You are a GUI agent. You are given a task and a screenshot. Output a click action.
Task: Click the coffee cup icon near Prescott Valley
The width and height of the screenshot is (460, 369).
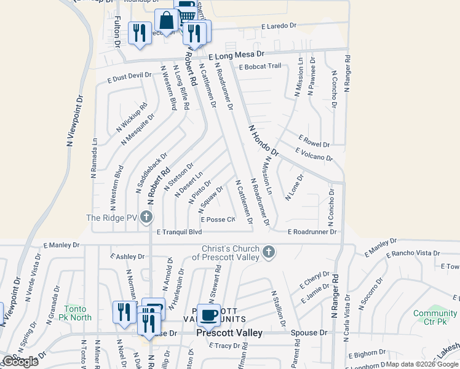[208, 315]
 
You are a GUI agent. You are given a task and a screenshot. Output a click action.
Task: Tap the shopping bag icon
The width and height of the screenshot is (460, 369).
[166, 20]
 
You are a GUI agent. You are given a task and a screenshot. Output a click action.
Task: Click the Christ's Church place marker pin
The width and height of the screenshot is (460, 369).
[268, 252]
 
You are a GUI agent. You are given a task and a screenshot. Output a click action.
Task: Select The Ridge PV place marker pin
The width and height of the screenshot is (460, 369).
[146, 217]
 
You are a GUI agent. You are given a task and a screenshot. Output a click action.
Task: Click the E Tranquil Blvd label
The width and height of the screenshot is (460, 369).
[179, 232]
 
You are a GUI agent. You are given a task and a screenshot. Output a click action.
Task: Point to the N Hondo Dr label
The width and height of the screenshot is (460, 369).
[264, 140]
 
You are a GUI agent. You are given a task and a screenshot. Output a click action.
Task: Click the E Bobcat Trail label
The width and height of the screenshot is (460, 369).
[260, 66]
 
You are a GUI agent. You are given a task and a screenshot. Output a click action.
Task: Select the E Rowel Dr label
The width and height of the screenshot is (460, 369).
[314, 141]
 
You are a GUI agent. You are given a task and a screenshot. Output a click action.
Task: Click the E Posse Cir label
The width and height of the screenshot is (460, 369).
[218, 220]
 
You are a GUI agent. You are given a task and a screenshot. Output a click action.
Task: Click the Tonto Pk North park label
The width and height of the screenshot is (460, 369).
[77, 313]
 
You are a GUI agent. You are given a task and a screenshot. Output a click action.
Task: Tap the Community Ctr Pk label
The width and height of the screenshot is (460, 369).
[435, 317]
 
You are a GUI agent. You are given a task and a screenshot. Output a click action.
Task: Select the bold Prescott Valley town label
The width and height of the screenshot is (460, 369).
[229, 333]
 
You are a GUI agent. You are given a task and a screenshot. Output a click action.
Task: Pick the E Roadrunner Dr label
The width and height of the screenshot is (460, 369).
[312, 232]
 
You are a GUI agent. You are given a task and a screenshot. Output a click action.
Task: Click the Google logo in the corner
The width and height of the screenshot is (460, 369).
[20, 362]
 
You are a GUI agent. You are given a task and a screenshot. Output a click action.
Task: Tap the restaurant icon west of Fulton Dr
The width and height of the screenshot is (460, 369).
[140, 33]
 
